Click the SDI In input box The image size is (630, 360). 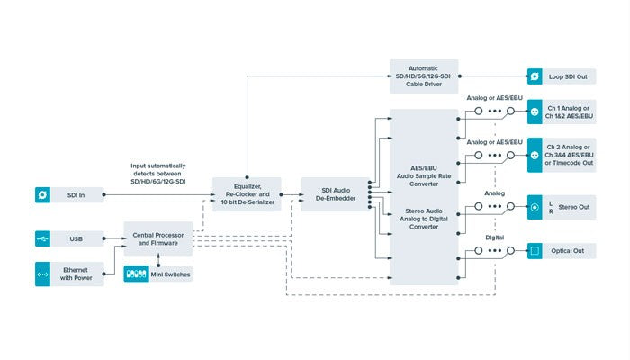click(68, 193)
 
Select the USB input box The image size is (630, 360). click(68, 238)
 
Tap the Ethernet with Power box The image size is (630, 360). click(68, 274)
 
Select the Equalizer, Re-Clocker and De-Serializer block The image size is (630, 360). click(246, 193)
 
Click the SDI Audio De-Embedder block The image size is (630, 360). click(334, 193)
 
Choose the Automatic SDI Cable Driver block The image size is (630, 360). click(422, 76)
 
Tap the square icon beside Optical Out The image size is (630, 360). click(534, 251)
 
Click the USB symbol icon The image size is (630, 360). click(42, 238)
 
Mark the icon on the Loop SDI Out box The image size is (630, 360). click(534, 76)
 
